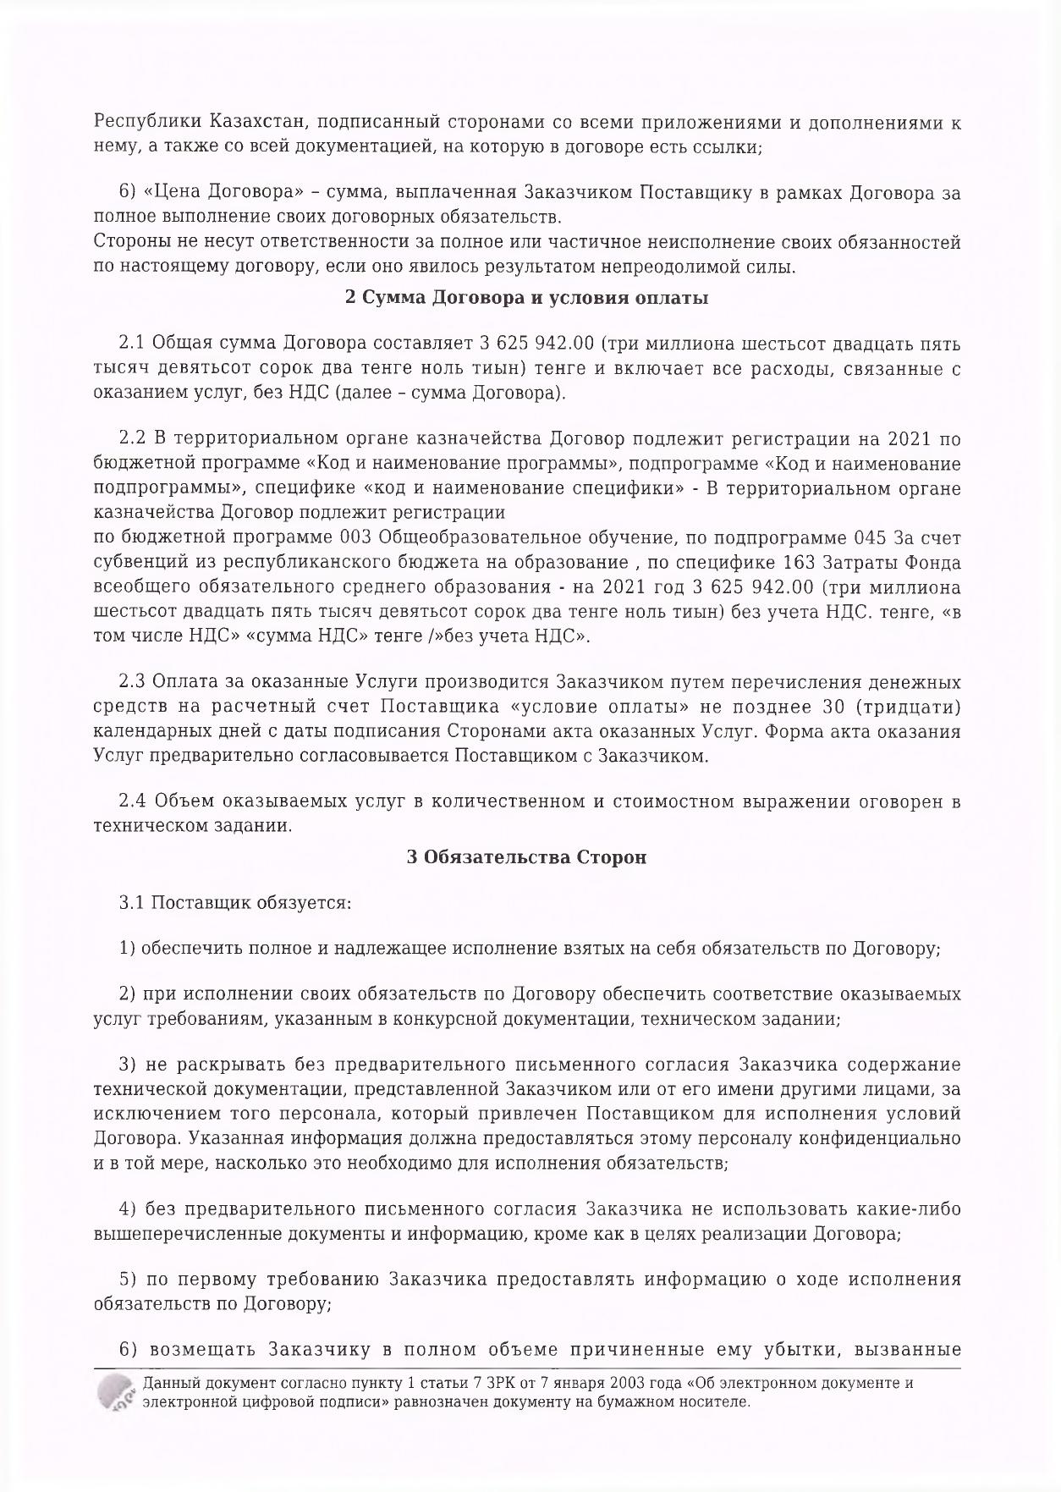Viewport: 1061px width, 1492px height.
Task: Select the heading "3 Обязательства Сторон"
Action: pos(526,857)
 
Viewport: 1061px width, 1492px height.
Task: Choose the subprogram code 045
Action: pos(867,538)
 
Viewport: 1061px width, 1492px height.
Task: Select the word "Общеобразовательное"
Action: pos(467,538)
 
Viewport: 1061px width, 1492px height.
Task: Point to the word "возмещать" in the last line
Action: pos(203,1350)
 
